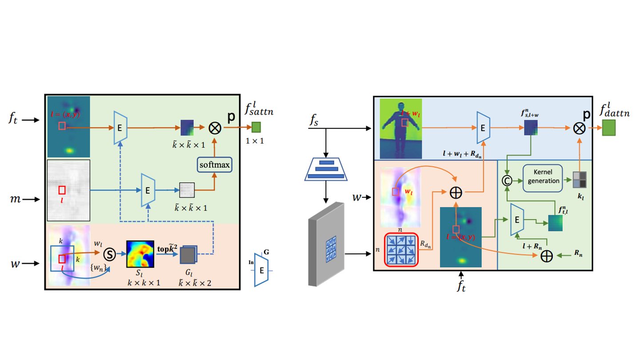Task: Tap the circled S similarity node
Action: click(109, 254)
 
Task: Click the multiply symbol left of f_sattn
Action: click(215, 128)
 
